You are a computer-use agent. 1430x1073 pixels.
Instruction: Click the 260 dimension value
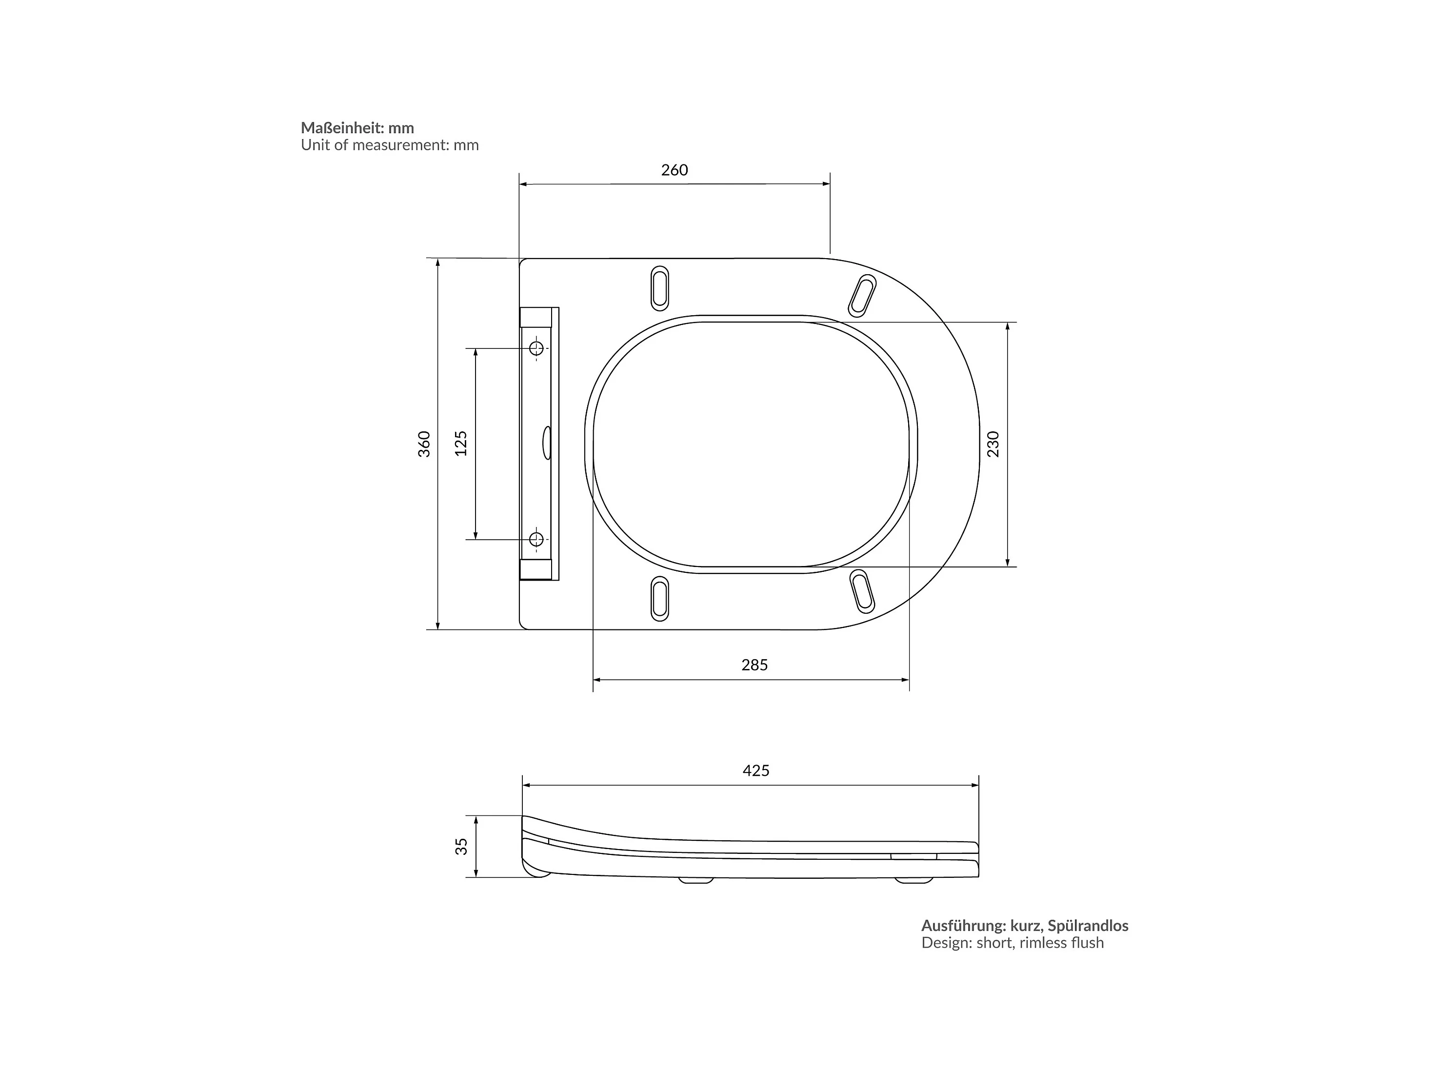674,170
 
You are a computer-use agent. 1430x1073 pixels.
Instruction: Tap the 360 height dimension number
424,445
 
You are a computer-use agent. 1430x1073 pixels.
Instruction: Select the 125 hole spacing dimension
461,444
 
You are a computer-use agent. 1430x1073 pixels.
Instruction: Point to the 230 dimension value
993,445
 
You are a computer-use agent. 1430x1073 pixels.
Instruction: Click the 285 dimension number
755,665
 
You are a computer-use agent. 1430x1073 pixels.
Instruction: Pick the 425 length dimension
756,770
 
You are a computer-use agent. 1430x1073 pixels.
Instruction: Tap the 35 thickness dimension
461,847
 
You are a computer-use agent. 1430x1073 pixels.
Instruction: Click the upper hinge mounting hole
536,348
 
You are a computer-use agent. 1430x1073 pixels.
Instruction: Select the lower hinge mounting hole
536,539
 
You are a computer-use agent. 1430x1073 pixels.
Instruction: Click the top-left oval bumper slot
659,288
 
